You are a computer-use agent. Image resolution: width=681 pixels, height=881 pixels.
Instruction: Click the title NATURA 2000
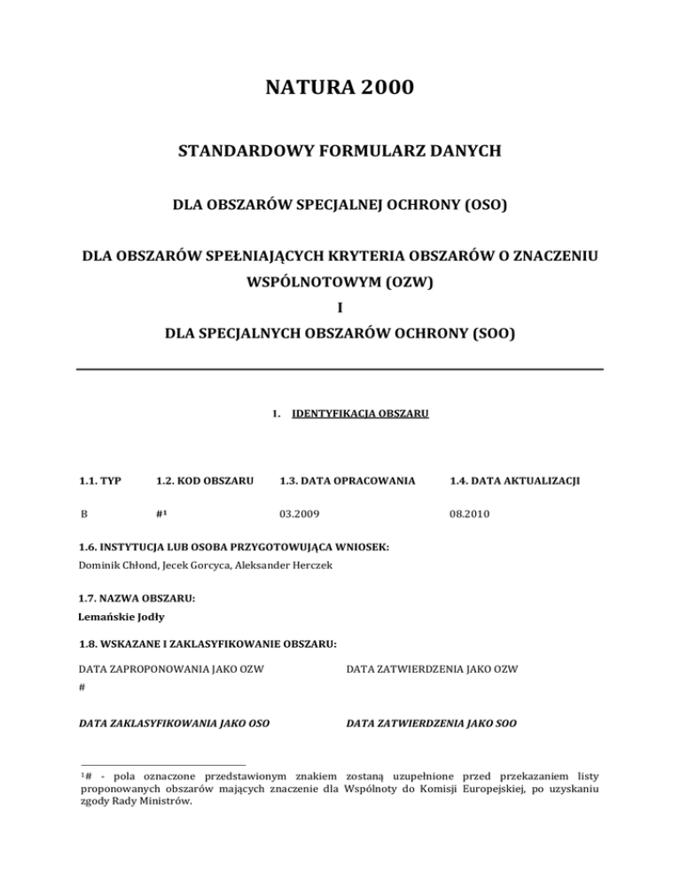(340, 89)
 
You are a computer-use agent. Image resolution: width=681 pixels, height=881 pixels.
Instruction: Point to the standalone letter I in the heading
(340, 311)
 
